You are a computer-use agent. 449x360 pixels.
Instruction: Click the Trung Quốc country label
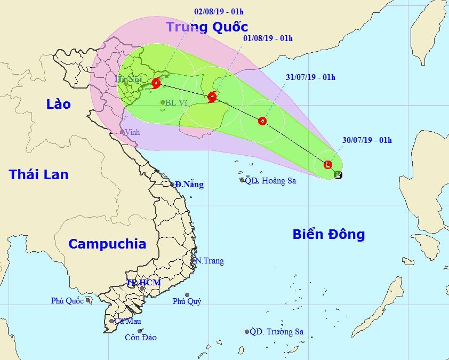[207, 27]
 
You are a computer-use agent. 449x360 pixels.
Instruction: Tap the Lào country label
[58, 104]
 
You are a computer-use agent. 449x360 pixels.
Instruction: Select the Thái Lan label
[38, 174]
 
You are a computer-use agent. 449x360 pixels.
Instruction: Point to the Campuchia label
[107, 244]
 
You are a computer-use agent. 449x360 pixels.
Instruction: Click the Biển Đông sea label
[328, 234]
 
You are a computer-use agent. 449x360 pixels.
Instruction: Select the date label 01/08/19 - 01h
[268, 38]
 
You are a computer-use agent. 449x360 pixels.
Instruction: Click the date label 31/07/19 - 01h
[310, 77]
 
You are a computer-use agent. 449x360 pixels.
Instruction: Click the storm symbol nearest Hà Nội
[156, 83]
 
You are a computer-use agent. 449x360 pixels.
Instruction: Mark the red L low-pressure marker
[328, 164]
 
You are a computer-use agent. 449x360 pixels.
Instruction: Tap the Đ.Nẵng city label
[189, 185]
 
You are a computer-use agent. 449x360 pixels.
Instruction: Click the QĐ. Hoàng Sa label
[270, 181]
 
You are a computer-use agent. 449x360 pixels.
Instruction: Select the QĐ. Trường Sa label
[276, 332]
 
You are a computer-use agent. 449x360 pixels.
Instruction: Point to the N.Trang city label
[209, 261]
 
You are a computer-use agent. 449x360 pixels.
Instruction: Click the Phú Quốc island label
[67, 301]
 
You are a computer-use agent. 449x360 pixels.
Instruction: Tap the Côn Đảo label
[141, 338]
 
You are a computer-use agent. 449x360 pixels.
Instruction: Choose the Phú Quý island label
[187, 302]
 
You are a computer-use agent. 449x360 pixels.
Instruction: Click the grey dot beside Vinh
[122, 132]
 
